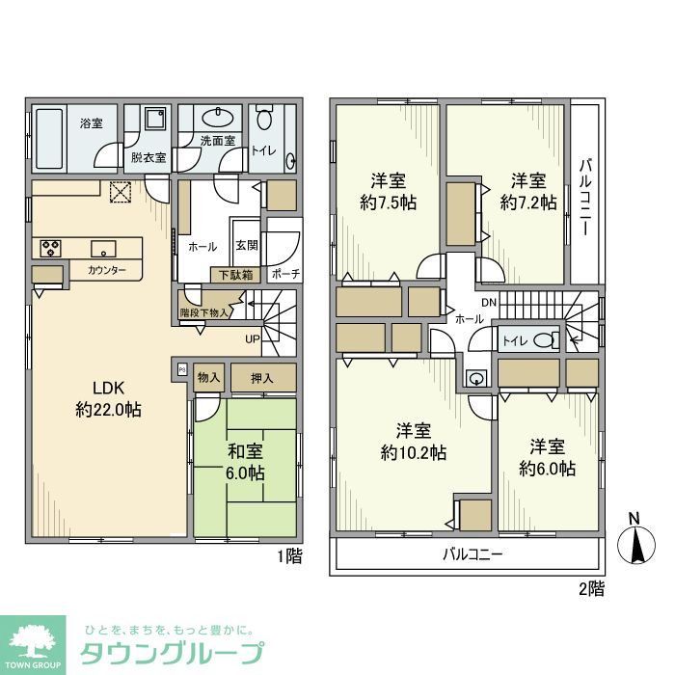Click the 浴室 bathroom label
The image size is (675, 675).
coord(92,123)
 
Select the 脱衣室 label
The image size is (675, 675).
coord(148,157)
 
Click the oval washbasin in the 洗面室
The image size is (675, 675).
coord(222,119)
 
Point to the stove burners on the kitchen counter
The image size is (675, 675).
coord(50,248)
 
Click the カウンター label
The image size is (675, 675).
coord(106,271)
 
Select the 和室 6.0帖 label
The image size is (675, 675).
coord(245,462)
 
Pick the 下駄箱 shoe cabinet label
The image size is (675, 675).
coord(235,274)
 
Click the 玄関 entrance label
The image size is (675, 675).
coord(245,246)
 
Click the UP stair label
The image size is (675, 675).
coord(252,339)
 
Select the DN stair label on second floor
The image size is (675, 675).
coord(489,303)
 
